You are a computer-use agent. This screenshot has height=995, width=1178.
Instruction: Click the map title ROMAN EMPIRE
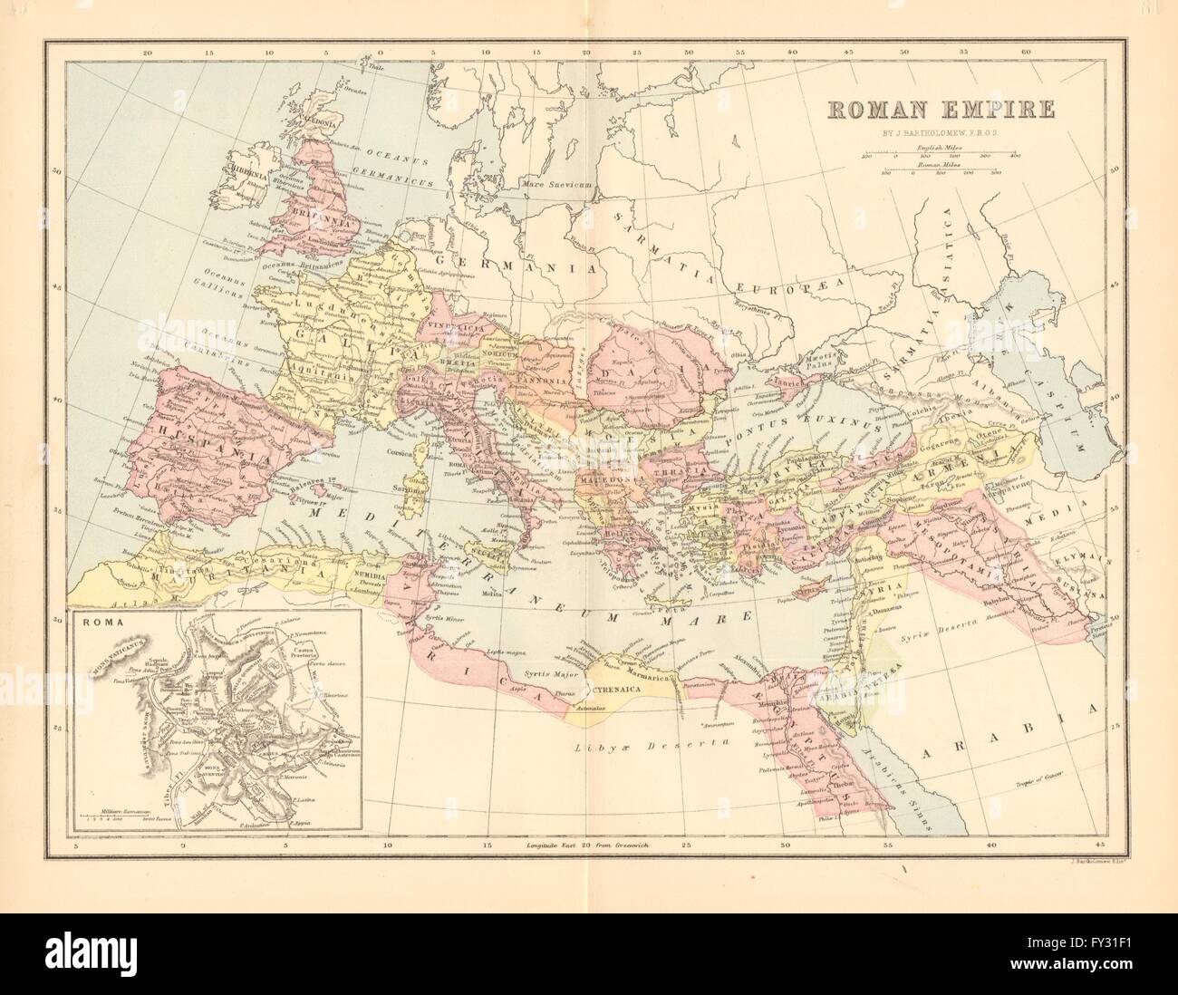pyautogui.click(x=939, y=109)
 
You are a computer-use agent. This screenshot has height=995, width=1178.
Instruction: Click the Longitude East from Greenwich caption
pyautogui.click(x=594, y=845)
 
